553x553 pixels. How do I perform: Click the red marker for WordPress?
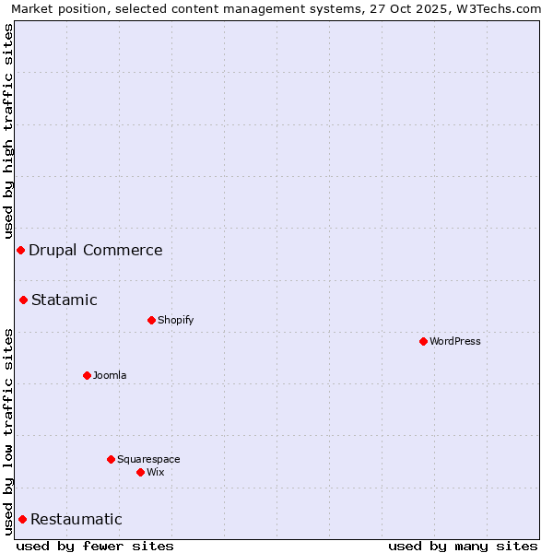[423, 341]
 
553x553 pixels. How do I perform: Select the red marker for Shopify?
[151, 320]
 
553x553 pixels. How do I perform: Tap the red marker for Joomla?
[87, 375]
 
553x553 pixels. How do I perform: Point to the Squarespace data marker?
[111, 459]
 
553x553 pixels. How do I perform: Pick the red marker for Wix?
[140, 472]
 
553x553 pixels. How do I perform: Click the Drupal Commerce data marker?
[20, 250]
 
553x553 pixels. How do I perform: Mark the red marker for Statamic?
[23, 300]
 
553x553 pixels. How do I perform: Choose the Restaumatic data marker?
[22, 519]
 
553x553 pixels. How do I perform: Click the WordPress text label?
[455, 341]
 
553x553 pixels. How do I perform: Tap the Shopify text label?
[175, 320]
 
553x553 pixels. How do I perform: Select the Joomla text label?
[110, 375]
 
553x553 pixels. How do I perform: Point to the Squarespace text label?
[148, 459]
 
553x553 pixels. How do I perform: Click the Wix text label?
[156, 472]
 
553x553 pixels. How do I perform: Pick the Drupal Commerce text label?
[96, 250]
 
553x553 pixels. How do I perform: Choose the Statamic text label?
[65, 300]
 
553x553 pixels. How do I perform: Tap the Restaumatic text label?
[76, 519]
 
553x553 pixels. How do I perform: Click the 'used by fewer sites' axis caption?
[95, 546]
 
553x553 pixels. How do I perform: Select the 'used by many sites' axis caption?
[463, 546]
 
